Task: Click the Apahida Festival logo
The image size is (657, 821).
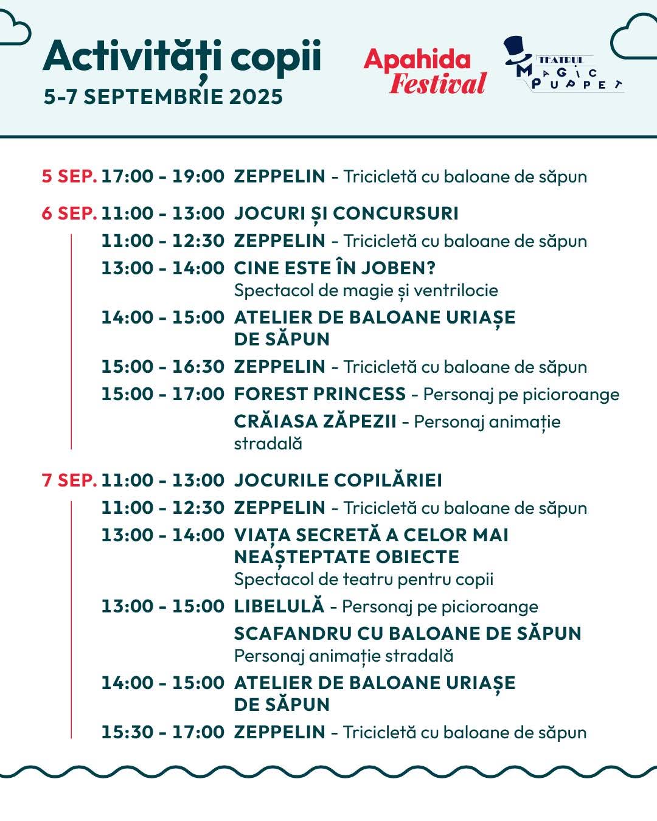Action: click(x=425, y=72)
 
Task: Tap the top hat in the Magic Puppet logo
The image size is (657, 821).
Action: click(x=521, y=49)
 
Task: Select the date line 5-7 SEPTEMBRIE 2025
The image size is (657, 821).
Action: click(x=163, y=97)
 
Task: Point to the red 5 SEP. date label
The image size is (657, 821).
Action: click(x=69, y=176)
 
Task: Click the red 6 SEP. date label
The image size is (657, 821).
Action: click(x=69, y=213)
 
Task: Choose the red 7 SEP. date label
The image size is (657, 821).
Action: click(x=69, y=480)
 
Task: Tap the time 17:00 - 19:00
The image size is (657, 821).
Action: click(x=162, y=176)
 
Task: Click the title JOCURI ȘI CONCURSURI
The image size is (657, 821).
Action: click(x=346, y=213)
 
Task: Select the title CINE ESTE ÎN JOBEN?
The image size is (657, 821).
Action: click(x=335, y=268)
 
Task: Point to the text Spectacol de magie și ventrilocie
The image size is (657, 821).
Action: click(x=366, y=290)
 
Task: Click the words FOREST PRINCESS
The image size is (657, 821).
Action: click(x=319, y=394)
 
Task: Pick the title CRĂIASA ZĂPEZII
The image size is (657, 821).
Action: click(x=315, y=421)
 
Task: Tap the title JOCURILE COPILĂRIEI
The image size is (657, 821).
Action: click(x=338, y=480)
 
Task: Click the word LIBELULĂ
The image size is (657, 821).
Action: click(x=279, y=606)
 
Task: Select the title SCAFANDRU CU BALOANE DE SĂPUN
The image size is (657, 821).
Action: click(x=408, y=634)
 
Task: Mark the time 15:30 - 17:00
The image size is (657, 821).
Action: click(x=162, y=732)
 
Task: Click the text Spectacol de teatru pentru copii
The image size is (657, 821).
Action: click(x=363, y=579)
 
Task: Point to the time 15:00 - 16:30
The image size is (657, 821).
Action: click(x=162, y=367)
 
